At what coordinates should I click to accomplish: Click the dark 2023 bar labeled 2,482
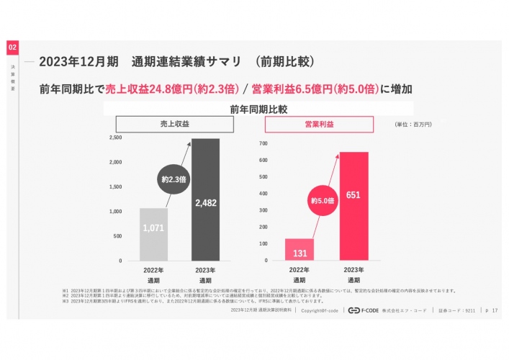[x=205, y=199]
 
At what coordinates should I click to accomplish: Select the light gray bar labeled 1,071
[x=153, y=234]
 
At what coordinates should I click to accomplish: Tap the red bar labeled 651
[x=353, y=206]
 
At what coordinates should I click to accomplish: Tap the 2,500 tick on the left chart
[x=115, y=137]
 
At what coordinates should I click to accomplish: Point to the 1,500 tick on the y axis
[x=115, y=186]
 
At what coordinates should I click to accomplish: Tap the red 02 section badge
[x=13, y=47]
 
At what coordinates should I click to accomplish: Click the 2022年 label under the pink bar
[x=299, y=269]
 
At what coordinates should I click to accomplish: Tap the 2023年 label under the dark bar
[x=205, y=269]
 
